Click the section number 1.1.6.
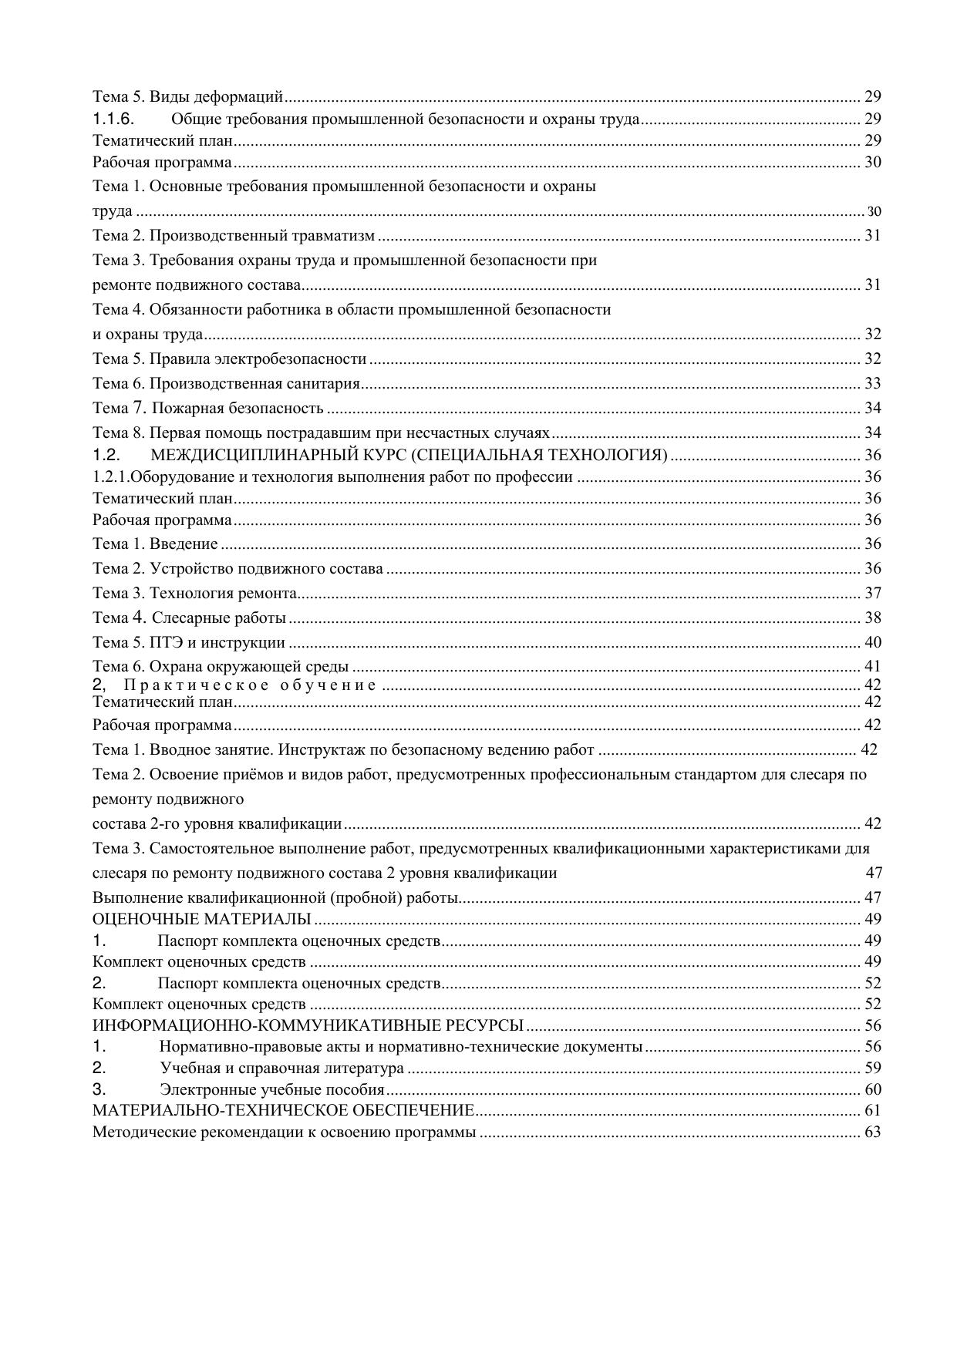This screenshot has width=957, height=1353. pos(114,119)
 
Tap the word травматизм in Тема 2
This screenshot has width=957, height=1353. pos(336,235)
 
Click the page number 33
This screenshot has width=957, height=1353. pos(872,383)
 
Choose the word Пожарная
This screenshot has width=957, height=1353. pos(185,408)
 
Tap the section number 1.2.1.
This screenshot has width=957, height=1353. pos(111,476)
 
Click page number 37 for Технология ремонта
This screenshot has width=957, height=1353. pos(872,593)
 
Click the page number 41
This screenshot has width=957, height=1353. pos(872,666)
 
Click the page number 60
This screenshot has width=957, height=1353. pos(872,1090)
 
